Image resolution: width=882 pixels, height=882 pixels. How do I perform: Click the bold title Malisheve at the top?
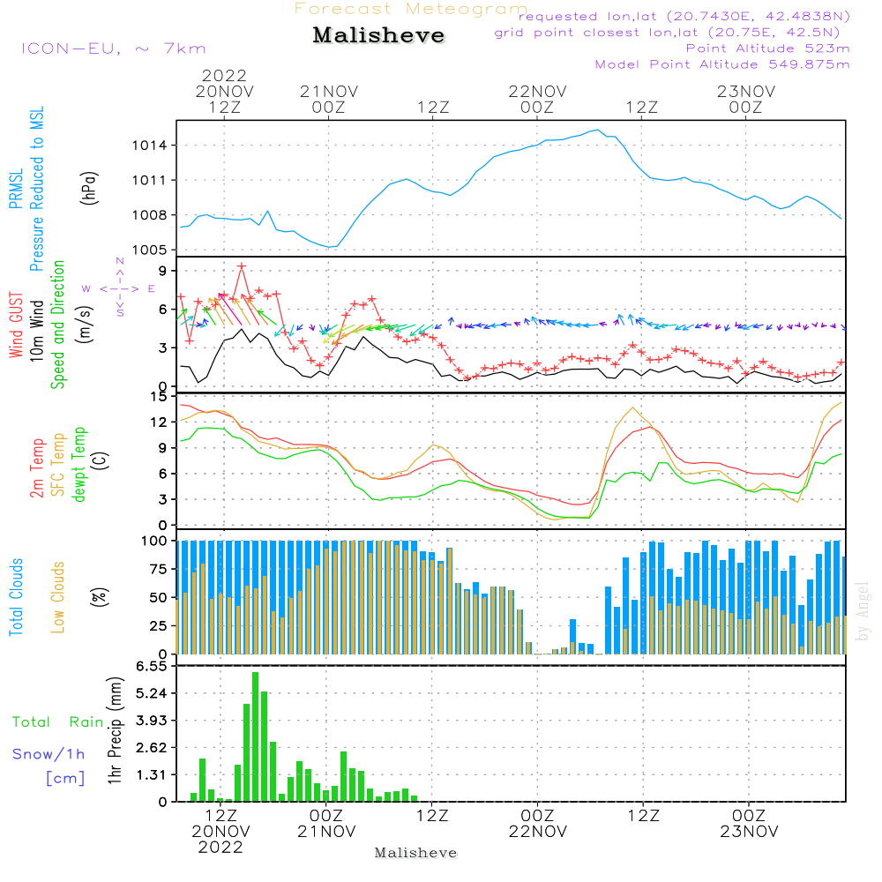(x=378, y=36)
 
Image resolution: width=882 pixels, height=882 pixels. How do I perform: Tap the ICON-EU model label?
(x=113, y=49)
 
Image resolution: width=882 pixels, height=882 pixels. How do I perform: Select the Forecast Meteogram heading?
(x=411, y=9)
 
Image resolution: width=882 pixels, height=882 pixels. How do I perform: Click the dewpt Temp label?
(x=79, y=466)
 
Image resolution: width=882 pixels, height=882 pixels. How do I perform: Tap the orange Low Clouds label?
(x=58, y=597)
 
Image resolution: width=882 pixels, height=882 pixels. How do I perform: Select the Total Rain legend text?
(x=57, y=722)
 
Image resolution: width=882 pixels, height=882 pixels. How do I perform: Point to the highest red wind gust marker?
(x=242, y=266)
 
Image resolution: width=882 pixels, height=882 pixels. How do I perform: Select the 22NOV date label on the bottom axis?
(x=537, y=832)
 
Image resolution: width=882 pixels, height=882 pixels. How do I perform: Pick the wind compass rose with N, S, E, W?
(x=119, y=288)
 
